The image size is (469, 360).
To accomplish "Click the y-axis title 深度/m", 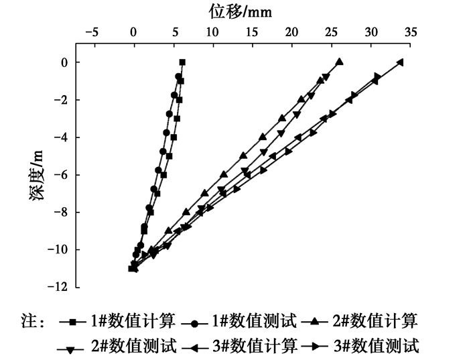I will (x=42, y=175).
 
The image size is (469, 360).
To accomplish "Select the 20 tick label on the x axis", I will (x=291, y=32).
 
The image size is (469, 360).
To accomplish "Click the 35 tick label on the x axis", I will (x=409, y=32).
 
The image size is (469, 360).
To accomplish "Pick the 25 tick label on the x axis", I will (x=330, y=32).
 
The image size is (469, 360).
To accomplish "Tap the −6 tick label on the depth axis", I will (x=63, y=175).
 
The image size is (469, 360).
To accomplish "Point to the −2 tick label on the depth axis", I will (x=63, y=100).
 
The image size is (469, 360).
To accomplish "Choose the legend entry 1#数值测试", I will (x=253, y=322).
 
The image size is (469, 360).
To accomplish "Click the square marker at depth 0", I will (x=182, y=62).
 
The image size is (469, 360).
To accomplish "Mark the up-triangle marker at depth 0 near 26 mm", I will (x=340, y=62).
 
